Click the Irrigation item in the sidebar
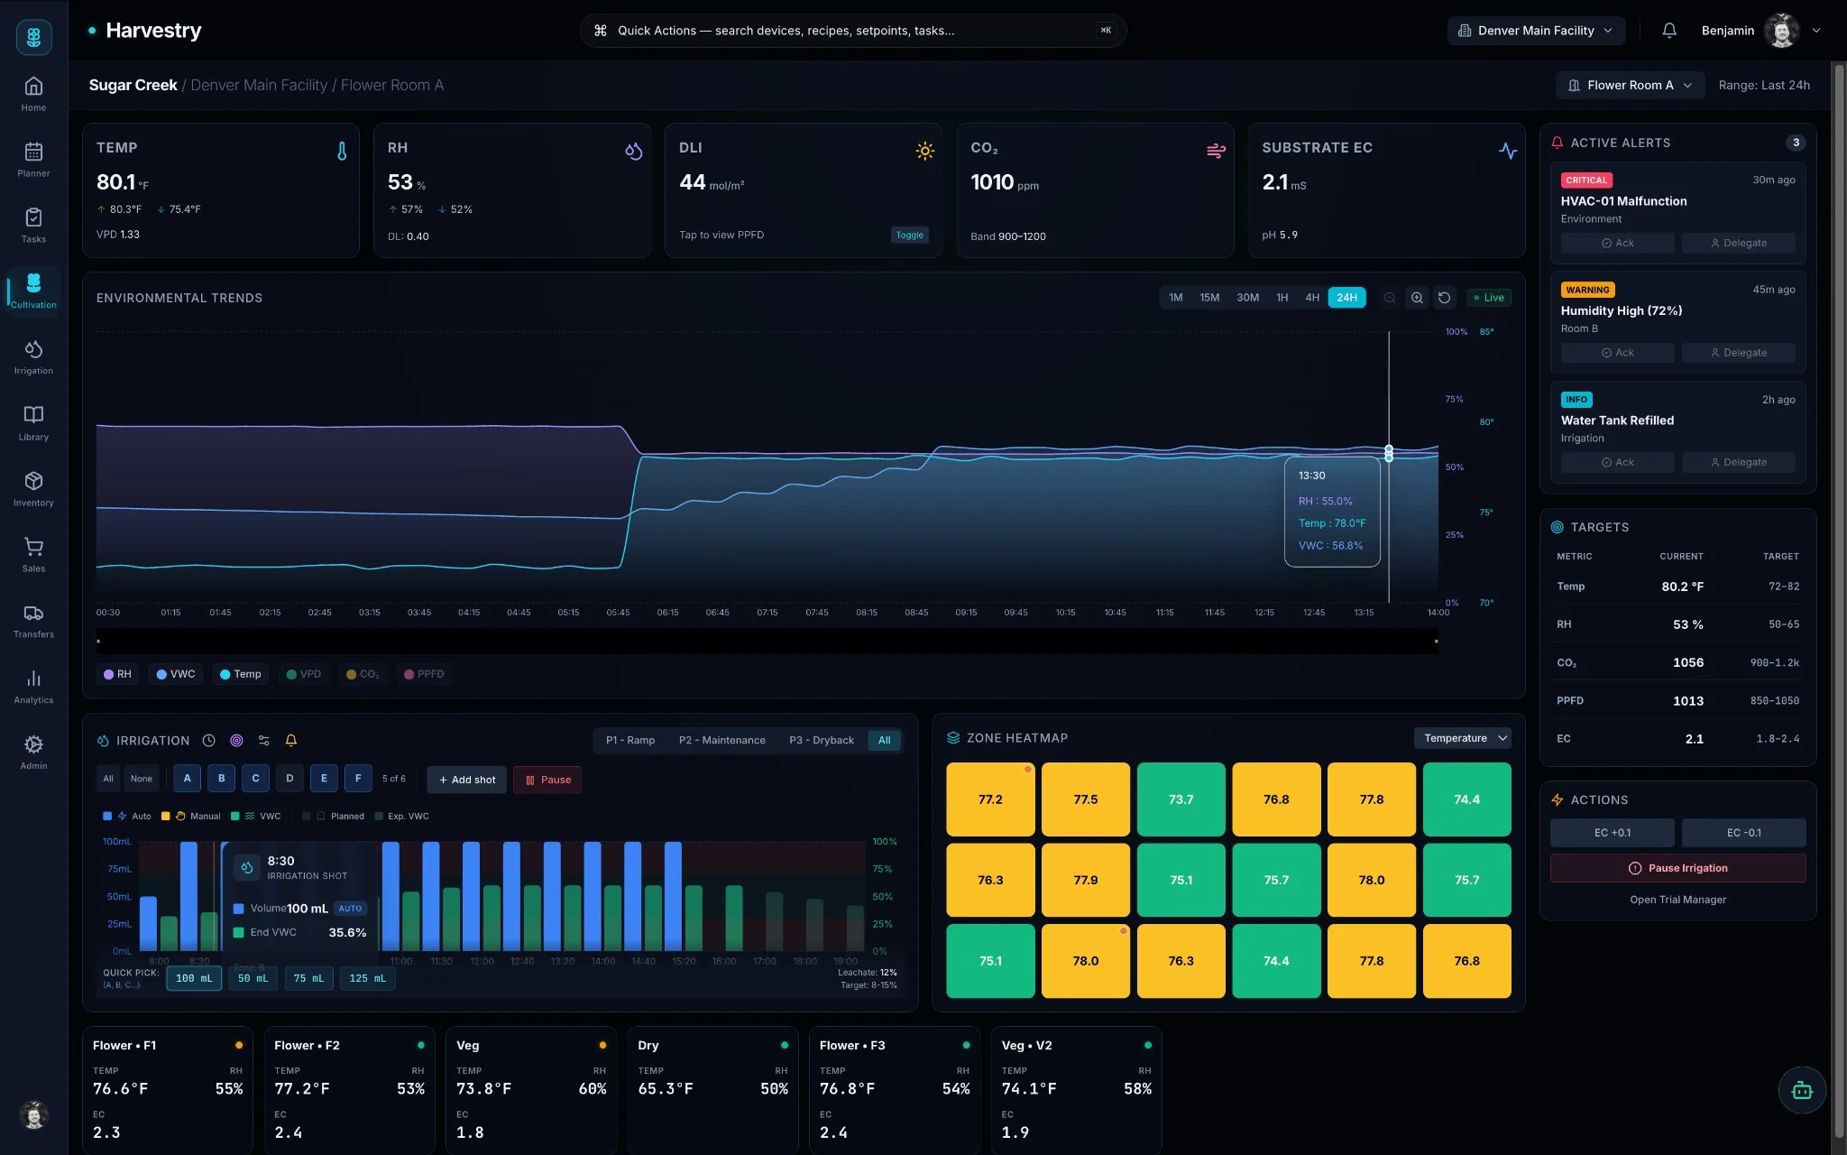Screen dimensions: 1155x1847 coord(33,356)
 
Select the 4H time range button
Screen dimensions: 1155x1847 coord(1311,298)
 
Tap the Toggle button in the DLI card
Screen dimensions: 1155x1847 coord(909,235)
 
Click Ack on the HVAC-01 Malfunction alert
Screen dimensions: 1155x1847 coord(1617,243)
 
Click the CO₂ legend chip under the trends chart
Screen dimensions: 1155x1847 coord(363,674)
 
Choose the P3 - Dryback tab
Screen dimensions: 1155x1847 coord(821,740)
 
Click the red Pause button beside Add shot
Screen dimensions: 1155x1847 coord(547,780)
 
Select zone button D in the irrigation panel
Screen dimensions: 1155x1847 coord(289,778)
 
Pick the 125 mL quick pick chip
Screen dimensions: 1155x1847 coord(367,978)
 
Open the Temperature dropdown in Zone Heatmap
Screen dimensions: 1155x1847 coord(1463,738)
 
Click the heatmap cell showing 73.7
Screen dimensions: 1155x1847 coord(1181,799)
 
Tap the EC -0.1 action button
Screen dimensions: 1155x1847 coord(1742,832)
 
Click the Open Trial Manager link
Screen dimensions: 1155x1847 coord(1677,900)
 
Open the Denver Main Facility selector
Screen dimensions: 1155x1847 coord(1536,31)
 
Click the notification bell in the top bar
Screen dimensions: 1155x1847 coord(1669,31)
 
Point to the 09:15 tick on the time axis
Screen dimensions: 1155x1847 coord(966,612)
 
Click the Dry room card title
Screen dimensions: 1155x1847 coord(648,1045)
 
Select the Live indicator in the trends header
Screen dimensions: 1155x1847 coord(1488,298)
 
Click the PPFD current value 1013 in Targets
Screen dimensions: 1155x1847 coord(1687,700)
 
